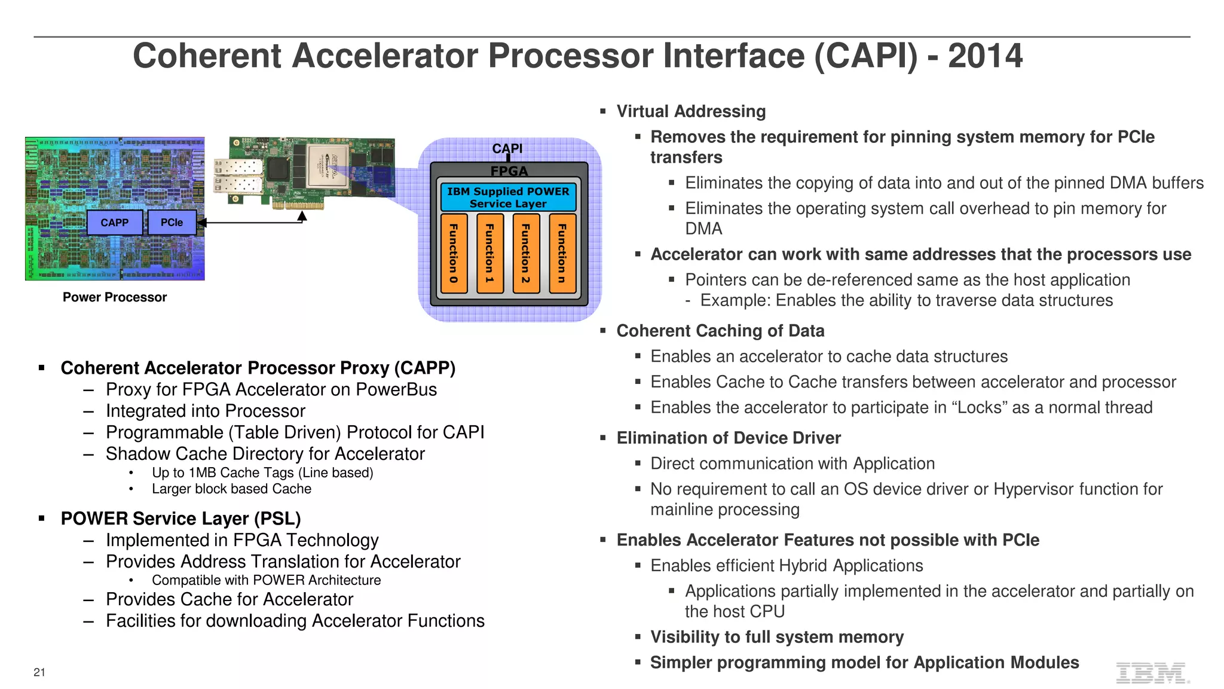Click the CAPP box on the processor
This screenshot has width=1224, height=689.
115,222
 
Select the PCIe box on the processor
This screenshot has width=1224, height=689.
172,222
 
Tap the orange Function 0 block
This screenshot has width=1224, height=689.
454,254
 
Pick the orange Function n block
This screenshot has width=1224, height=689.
562,254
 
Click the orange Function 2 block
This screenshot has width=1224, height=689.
526,254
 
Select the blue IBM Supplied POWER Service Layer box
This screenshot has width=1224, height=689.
508,197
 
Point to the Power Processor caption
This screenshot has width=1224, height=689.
115,297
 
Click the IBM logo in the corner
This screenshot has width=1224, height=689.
1152,673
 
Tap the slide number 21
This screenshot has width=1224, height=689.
39,672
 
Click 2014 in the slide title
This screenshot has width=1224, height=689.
985,56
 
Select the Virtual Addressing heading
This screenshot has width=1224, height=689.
691,111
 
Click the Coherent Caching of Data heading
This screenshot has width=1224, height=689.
720,331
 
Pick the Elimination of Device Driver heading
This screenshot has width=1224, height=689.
729,438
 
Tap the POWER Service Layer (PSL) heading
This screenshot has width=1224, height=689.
180,519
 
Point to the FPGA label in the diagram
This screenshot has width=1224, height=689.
509,171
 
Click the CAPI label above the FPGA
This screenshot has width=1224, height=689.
507,148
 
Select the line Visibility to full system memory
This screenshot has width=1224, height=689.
777,637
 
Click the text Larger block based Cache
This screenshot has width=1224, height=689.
231,489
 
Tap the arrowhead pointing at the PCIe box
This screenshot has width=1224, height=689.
202,222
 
